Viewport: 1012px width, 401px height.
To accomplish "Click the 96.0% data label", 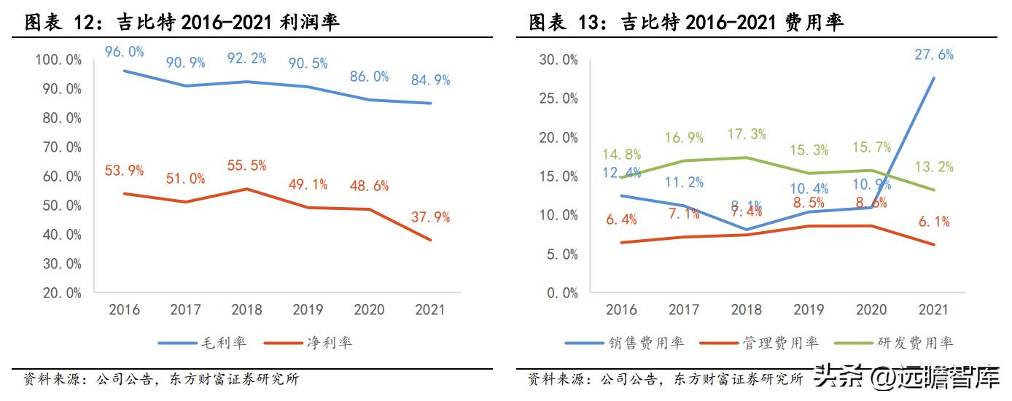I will pyautogui.click(x=123, y=52).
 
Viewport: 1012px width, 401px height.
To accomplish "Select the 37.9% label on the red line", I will pyautogui.click(x=430, y=217).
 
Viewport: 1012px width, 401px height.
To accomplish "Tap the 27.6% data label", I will pyautogui.click(x=934, y=55).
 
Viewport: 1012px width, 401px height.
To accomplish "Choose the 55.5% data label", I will pyautogui.click(x=246, y=166).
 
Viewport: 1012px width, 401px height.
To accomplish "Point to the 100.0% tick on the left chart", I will pyautogui.click(x=58, y=60).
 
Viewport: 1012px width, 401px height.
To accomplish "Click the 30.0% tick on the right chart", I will pyautogui.click(x=558, y=60).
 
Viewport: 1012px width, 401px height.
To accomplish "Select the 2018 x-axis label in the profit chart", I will pyautogui.click(x=246, y=310).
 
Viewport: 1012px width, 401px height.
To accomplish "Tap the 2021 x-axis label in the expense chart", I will pyautogui.click(x=933, y=310).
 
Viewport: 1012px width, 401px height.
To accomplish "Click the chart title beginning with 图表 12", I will pyautogui.click(x=182, y=23).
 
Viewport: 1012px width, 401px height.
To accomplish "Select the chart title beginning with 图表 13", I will pyautogui.click(x=686, y=23).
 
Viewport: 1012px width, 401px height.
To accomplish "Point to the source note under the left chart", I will pyautogui.click(x=160, y=379).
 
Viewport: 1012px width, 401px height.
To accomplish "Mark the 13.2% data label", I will pyautogui.click(x=934, y=167).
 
